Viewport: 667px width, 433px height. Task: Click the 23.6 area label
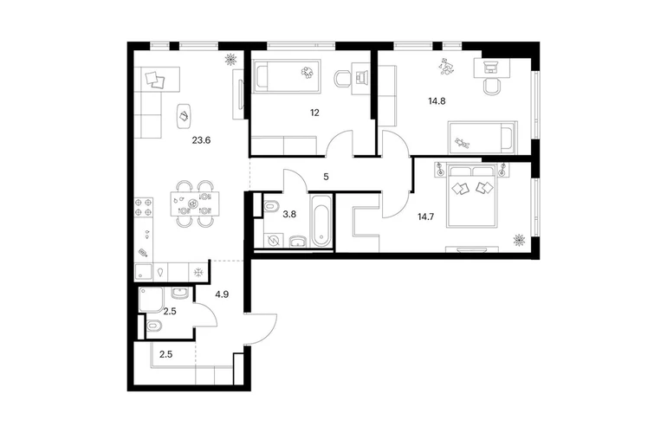point(201,140)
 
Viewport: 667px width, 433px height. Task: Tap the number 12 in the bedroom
point(314,113)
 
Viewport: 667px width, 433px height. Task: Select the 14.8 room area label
point(437,101)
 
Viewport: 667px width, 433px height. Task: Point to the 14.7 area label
point(425,216)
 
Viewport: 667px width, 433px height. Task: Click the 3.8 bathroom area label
point(289,214)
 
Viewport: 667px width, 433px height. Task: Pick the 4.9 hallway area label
point(222,294)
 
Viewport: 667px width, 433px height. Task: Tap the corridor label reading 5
point(326,177)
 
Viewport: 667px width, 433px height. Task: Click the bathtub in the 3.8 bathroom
point(321,221)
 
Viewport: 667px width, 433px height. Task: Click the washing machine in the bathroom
point(272,241)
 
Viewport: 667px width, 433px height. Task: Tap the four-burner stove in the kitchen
point(144,207)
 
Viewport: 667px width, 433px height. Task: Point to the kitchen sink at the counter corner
point(143,272)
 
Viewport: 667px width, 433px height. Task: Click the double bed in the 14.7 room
point(471,197)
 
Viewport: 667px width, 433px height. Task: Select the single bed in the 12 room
point(287,76)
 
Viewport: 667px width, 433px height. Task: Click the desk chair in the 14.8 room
point(492,87)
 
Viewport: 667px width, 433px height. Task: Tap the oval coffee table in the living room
point(184,116)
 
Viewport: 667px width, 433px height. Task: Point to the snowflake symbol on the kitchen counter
point(198,272)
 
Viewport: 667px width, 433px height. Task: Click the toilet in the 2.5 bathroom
point(155,326)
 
